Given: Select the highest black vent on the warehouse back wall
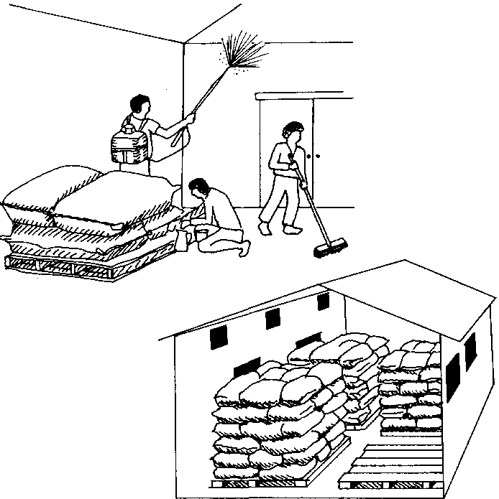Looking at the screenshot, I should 323,302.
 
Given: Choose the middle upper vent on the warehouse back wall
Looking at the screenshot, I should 273,318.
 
